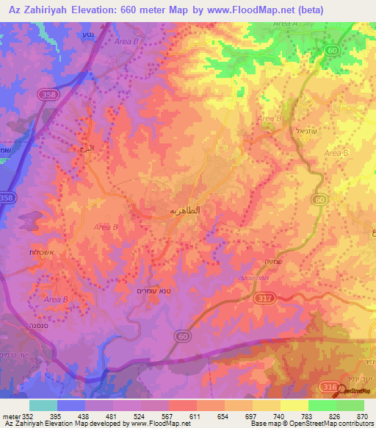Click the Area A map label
point(283,24)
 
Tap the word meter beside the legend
point(10,416)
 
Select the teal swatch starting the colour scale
point(43,405)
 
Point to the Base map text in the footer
point(263,424)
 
